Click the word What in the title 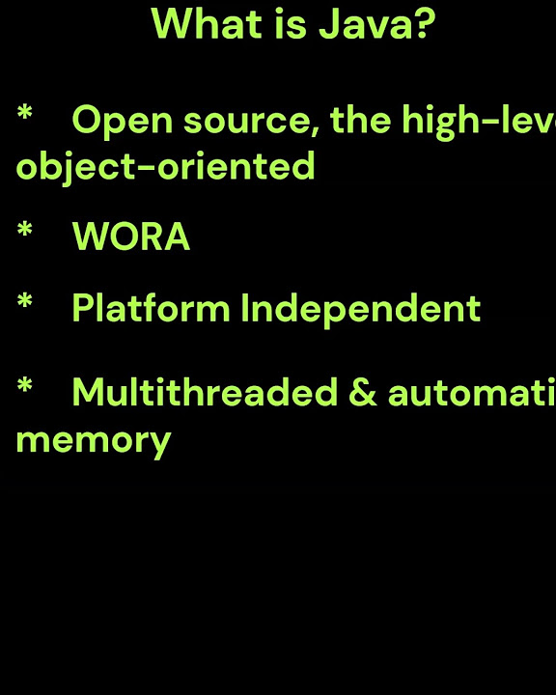coord(196,24)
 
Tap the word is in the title coord(270,24)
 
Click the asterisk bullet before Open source coord(25,117)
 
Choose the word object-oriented coord(165,167)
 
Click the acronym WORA coord(130,237)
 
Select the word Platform coord(151,309)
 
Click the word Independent coord(360,309)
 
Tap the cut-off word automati coord(472,394)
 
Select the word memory coord(93,441)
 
